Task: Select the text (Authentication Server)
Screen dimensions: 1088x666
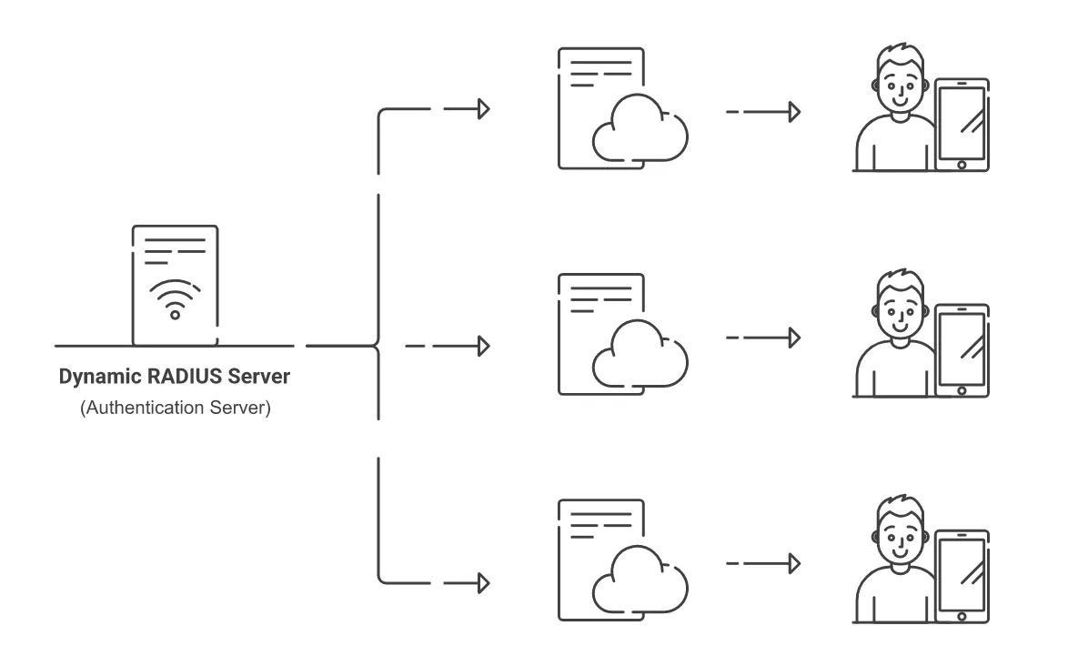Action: pyautogui.click(x=175, y=408)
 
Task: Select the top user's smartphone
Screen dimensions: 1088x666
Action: pyautogui.click(x=962, y=125)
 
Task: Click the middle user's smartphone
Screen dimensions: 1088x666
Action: pyautogui.click(x=962, y=350)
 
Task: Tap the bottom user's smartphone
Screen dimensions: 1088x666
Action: pyautogui.click(x=962, y=577)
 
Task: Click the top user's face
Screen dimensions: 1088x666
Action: pyautogui.click(x=900, y=86)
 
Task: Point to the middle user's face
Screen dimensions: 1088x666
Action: pyautogui.click(x=900, y=311)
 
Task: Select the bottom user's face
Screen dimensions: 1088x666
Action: pyautogui.click(x=900, y=537)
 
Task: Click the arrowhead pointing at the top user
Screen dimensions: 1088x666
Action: pyautogui.click(x=795, y=112)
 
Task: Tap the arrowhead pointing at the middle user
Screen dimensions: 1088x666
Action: pyautogui.click(x=795, y=338)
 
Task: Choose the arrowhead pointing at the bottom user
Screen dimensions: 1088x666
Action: pyautogui.click(x=795, y=563)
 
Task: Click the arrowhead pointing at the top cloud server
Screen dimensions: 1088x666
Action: pyautogui.click(x=484, y=109)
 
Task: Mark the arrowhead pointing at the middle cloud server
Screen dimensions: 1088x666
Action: pyautogui.click(x=484, y=346)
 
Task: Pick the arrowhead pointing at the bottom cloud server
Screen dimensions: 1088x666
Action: pyautogui.click(x=484, y=583)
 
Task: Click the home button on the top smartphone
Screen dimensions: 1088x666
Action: pyautogui.click(x=962, y=165)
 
